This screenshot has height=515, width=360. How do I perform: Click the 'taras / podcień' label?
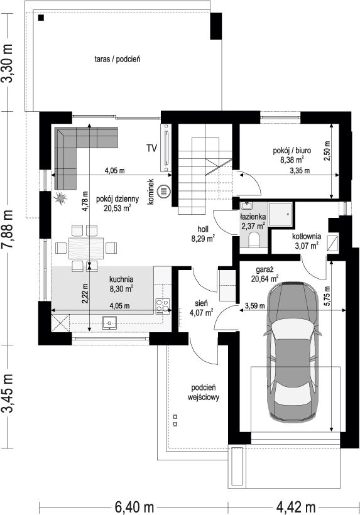pyautogui.click(x=117, y=60)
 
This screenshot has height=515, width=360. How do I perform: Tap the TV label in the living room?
pyautogui.click(x=152, y=148)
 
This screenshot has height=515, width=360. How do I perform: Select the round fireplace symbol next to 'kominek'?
pyautogui.click(x=163, y=191)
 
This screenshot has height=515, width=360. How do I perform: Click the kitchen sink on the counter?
pyautogui.click(x=109, y=322)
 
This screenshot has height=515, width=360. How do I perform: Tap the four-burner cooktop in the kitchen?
pyautogui.click(x=163, y=306)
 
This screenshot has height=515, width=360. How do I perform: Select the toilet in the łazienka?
pyautogui.click(x=254, y=239)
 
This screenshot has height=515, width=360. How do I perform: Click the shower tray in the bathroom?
pyautogui.click(x=280, y=214)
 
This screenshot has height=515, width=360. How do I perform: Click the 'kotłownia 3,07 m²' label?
pyautogui.click(x=307, y=241)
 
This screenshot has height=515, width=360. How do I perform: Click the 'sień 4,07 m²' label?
pyautogui.click(x=201, y=308)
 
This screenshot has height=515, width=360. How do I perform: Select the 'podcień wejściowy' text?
pyautogui.click(x=204, y=392)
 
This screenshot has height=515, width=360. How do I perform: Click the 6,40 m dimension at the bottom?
pyautogui.click(x=134, y=506)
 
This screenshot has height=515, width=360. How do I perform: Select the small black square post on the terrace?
pyautogui.click(x=41, y=18)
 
